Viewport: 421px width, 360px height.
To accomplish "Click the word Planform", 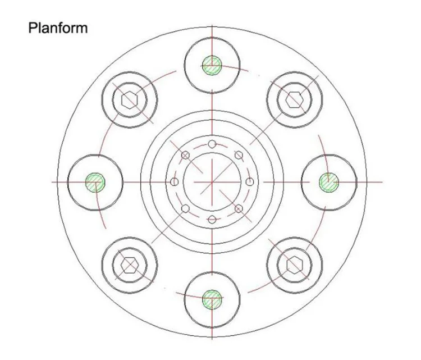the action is pos(58,28).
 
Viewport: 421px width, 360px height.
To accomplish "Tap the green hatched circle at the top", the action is pos(212,65).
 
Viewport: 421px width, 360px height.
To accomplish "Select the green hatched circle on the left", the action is pos(95,182).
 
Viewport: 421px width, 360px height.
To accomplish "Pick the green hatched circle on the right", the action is pos(329,182).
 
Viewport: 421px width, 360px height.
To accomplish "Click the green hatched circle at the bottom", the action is pos(212,298).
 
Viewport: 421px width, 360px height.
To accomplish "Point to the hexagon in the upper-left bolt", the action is pos(130,100).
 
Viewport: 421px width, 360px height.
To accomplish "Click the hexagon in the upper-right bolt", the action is pos(294,99).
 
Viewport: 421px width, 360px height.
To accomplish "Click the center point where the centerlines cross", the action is pos(212,182).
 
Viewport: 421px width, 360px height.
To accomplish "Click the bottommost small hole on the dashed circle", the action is pos(212,219).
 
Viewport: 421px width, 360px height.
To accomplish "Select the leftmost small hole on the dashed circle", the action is pos(175,182).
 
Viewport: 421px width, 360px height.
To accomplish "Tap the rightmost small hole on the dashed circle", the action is pos(250,182).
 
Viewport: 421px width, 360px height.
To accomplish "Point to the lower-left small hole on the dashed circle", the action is pos(186,209).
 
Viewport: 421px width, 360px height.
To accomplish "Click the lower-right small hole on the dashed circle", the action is pos(239,209).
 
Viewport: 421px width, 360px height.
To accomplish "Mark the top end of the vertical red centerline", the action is pos(212,25).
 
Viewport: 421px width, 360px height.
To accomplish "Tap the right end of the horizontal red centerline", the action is pos(381,182).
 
